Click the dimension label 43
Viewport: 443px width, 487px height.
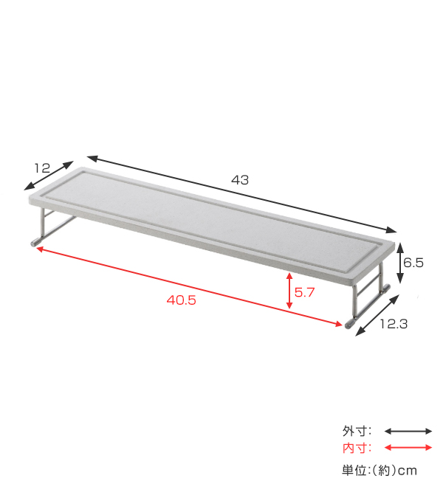pyautogui.click(x=240, y=180)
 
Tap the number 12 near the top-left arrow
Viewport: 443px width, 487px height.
pyautogui.click(x=42, y=168)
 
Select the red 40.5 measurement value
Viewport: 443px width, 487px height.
pyautogui.click(x=181, y=300)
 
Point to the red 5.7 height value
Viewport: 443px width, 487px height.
pyautogui.click(x=304, y=293)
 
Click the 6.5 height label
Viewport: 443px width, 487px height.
pyautogui.click(x=413, y=263)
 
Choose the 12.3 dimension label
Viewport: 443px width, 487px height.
pyautogui.click(x=394, y=324)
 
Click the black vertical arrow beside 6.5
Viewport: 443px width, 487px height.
pyautogui.click(x=400, y=263)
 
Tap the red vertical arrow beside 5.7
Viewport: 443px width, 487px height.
pyautogui.click(x=289, y=291)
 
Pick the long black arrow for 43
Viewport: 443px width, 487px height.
pyautogui.click(x=242, y=194)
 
